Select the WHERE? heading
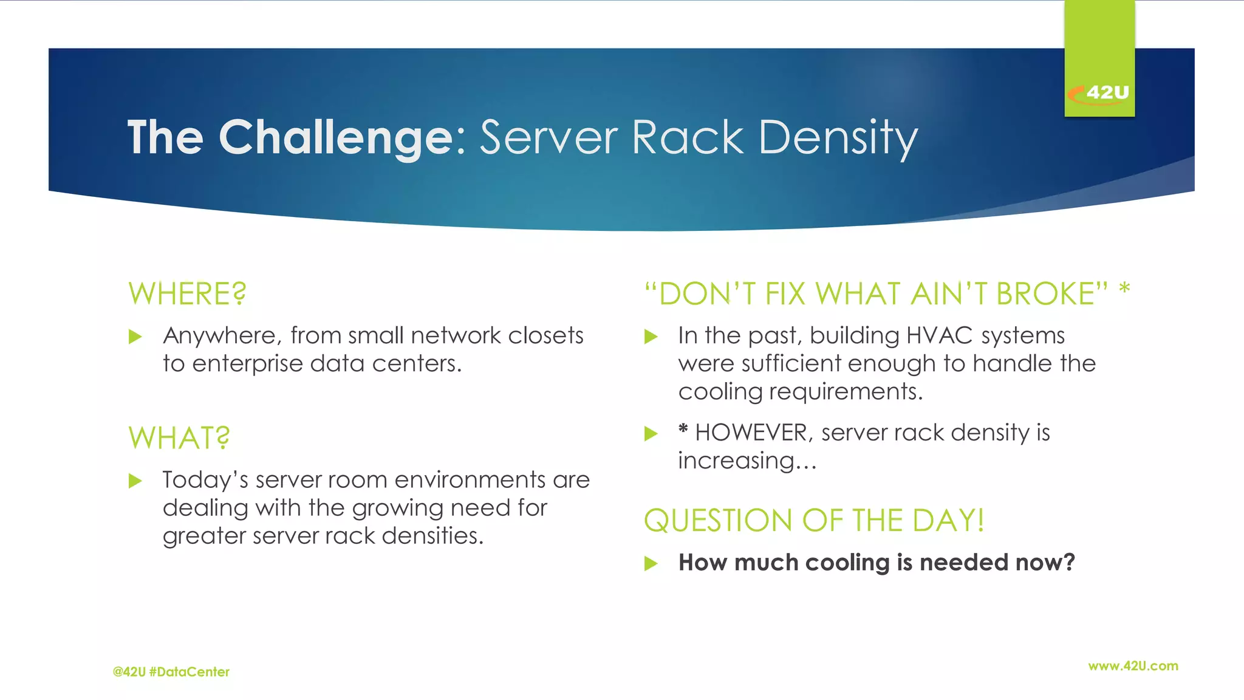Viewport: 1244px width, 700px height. pos(187,294)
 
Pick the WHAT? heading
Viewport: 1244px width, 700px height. pos(179,438)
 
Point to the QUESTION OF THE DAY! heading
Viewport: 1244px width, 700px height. pos(814,521)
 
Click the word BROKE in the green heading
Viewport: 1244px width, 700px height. pos(1045,294)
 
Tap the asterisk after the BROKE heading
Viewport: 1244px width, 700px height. pos(1124,289)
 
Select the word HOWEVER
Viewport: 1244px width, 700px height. pos(751,433)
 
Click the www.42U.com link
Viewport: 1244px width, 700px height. pos(1133,666)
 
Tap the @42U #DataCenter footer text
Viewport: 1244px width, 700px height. pos(171,672)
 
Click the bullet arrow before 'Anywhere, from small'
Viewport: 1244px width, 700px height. pos(135,337)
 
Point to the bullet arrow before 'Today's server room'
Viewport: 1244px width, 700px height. pos(135,481)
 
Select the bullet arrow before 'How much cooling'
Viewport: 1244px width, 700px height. pos(651,563)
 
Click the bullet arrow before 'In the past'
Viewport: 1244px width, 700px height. pos(651,337)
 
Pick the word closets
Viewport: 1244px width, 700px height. pos(545,335)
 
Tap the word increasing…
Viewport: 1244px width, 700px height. pos(747,461)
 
